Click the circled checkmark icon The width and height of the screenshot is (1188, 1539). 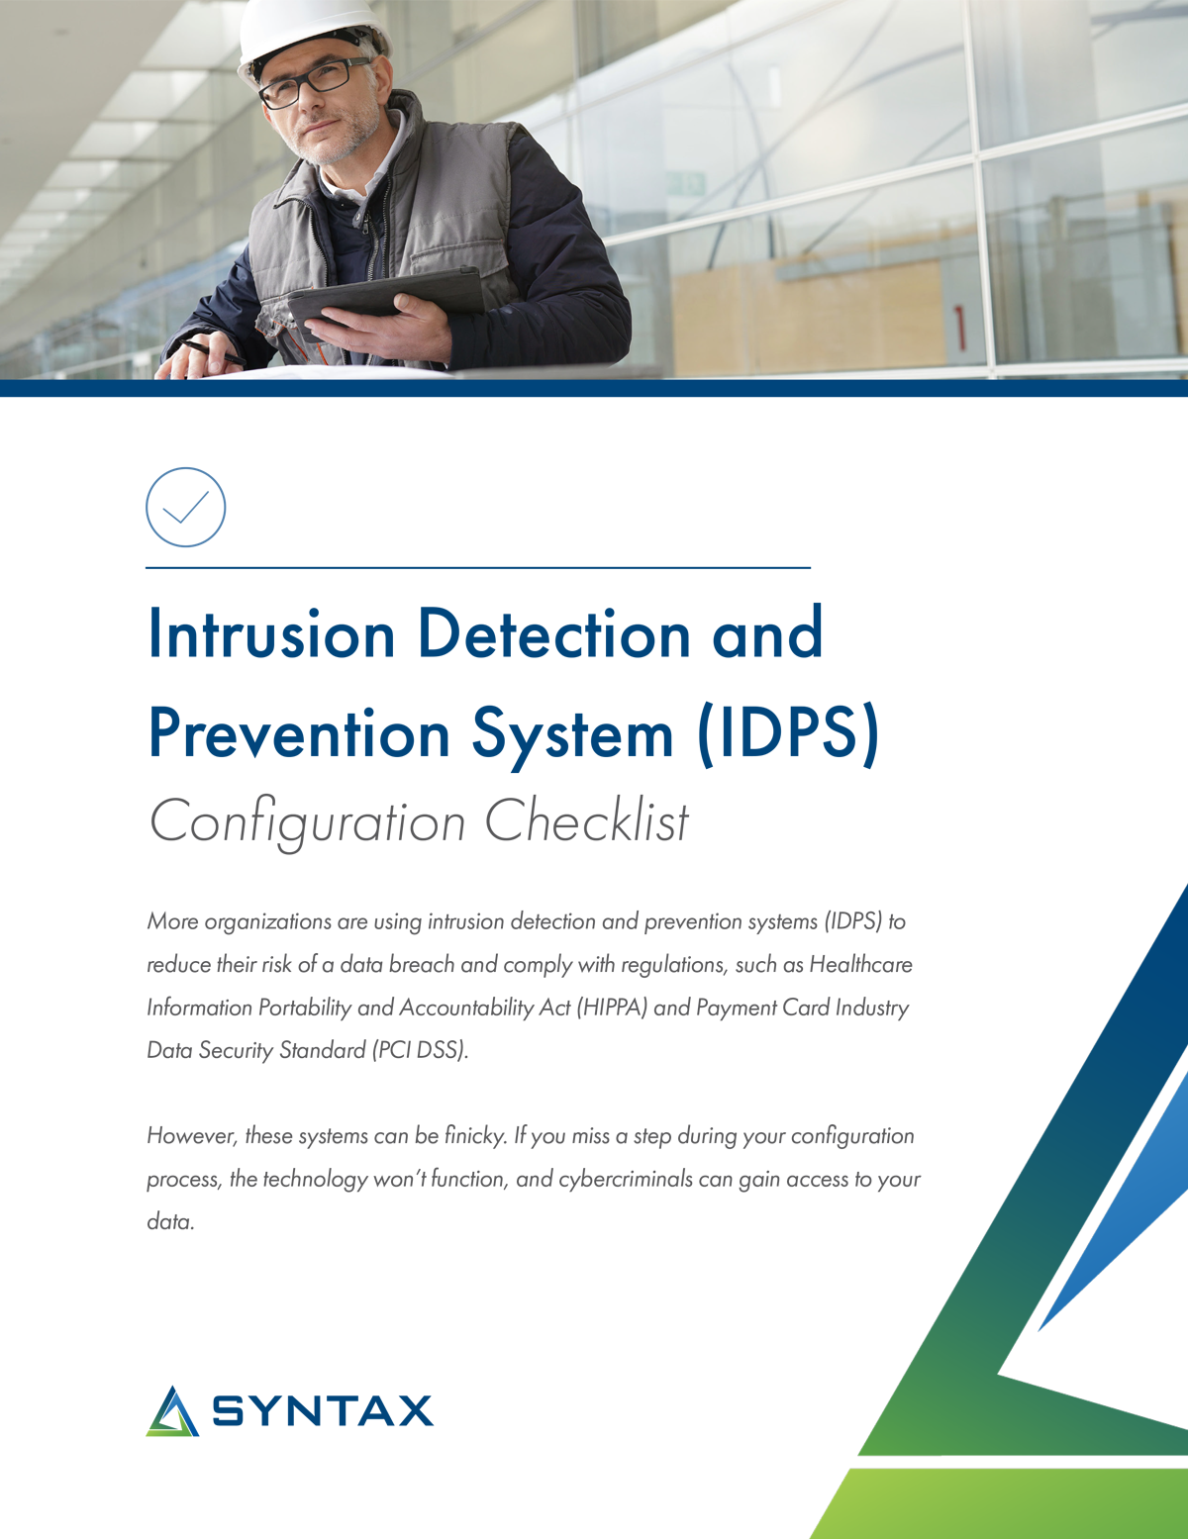[186, 507]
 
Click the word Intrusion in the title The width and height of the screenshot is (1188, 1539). [271, 634]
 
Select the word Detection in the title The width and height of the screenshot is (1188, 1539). [553, 634]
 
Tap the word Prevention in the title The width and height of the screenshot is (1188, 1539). [299, 734]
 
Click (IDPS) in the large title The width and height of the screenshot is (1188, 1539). [788, 734]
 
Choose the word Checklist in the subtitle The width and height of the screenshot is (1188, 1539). [586, 821]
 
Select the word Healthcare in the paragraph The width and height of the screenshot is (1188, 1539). [860, 964]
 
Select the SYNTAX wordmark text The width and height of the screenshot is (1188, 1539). [323, 1411]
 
